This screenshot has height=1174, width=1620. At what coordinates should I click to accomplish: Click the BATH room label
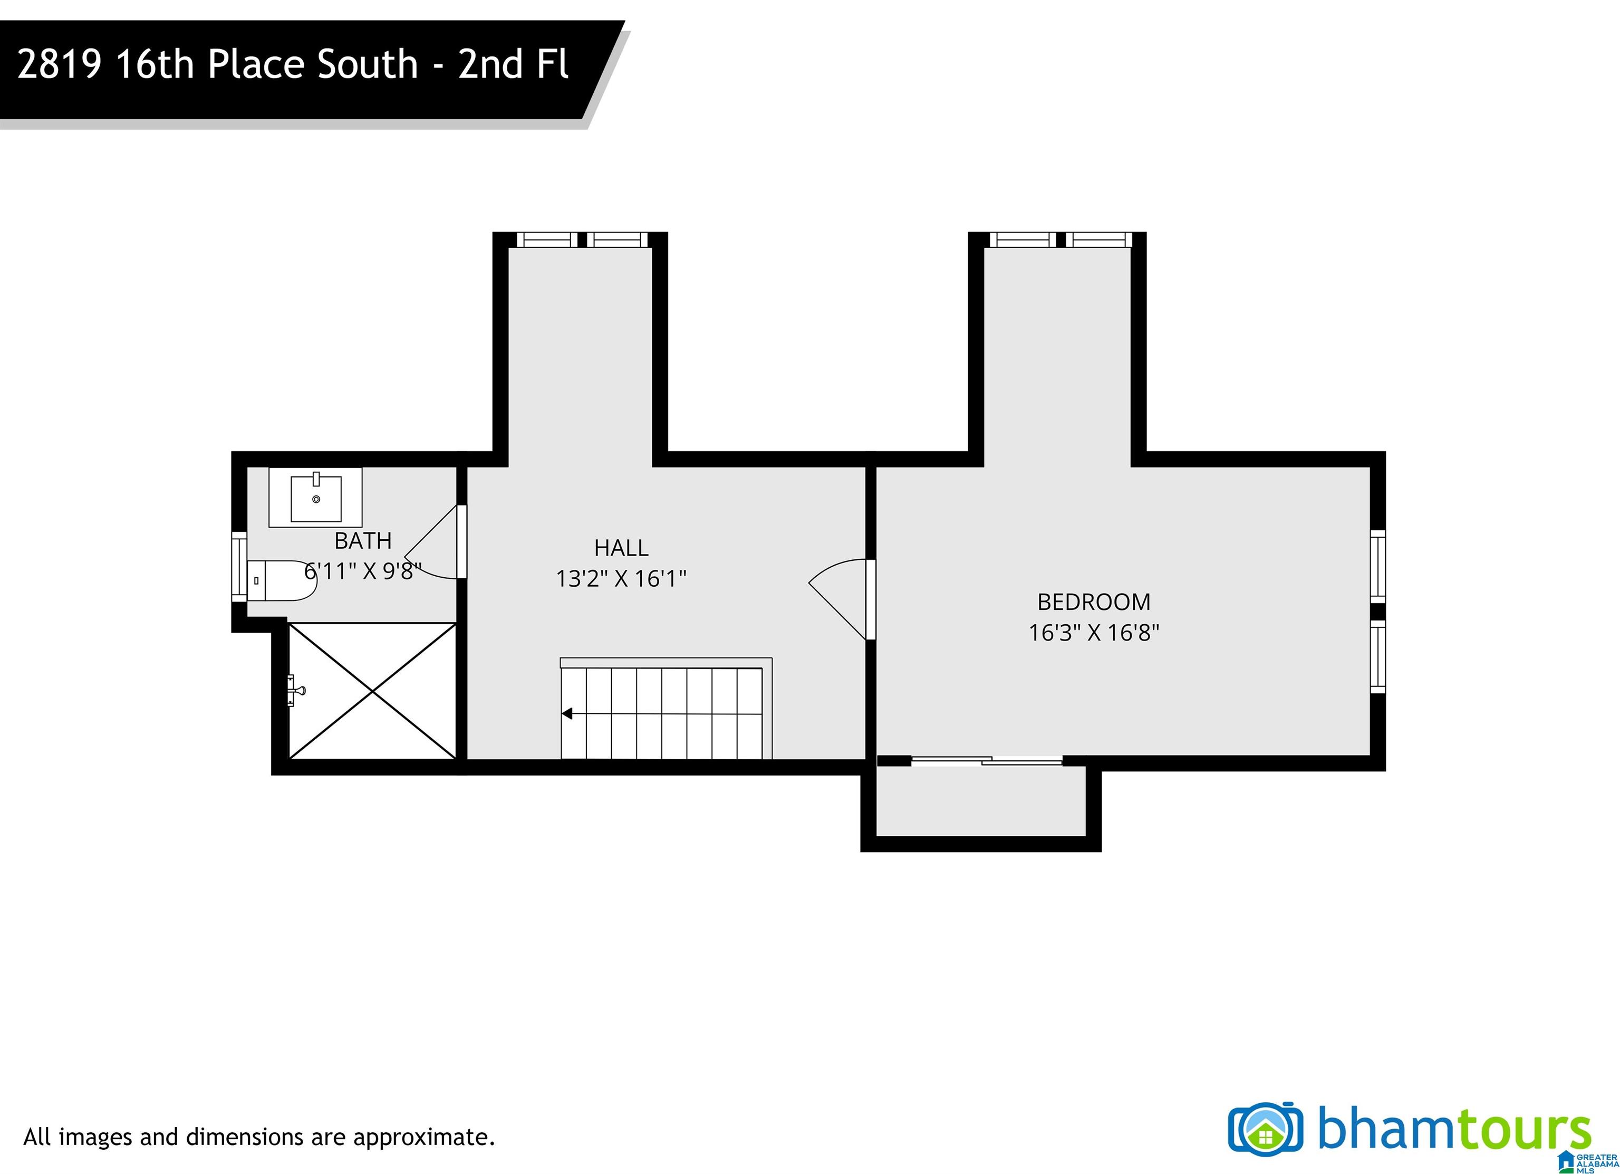tap(363, 541)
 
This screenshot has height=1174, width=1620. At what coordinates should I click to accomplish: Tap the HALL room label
tap(621, 548)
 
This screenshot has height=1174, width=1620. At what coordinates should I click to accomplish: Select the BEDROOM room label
tap(1094, 603)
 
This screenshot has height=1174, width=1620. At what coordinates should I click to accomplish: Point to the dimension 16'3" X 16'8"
tap(1094, 632)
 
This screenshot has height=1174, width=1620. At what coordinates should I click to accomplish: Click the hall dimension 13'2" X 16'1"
tap(621, 578)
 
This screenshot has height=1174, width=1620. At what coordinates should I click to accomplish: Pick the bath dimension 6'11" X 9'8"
tap(363, 571)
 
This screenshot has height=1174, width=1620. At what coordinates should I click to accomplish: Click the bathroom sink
tap(316, 498)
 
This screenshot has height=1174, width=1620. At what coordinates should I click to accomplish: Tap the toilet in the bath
tap(282, 580)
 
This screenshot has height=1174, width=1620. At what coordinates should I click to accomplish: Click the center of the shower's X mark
tap(372, 691)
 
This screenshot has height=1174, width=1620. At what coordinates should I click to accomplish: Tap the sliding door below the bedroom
tap(987, 761)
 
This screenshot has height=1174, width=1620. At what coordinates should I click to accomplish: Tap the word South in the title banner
tap(367, 64)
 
